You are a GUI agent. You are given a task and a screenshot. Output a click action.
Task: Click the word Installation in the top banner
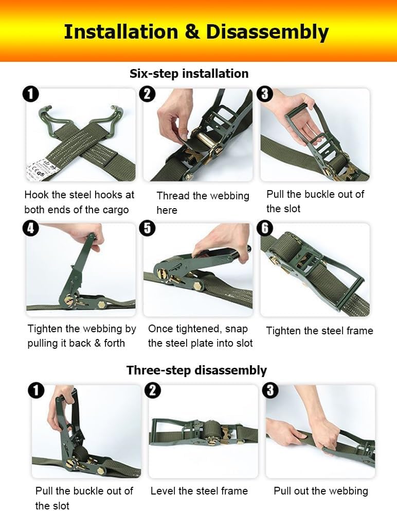coord(121,32)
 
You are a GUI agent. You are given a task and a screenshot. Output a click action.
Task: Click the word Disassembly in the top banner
coord(267,32)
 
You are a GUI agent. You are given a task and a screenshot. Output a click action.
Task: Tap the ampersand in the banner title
coord(192,32)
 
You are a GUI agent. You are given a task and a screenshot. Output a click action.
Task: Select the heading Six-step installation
coord(189,74)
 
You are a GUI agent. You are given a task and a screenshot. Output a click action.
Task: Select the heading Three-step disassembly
coord(196,370)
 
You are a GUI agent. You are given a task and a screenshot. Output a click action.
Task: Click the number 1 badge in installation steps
coord(30,94)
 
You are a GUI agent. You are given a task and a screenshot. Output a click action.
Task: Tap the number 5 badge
coord(147,228)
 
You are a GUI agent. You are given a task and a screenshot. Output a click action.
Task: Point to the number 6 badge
coord(264,228)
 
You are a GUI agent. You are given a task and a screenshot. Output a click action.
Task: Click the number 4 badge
coord(30,228)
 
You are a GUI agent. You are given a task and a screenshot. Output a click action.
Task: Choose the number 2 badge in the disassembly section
coord(153,390)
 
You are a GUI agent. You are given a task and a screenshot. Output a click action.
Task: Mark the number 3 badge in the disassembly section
coord(270,390)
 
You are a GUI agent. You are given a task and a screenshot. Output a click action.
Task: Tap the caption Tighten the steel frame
coord(319,331)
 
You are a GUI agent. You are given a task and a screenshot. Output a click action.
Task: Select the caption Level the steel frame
coord(199,491)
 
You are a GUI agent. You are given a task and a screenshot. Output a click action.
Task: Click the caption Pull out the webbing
coord(321,491)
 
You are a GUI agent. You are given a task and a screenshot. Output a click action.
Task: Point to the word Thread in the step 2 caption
coord(173,196)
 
